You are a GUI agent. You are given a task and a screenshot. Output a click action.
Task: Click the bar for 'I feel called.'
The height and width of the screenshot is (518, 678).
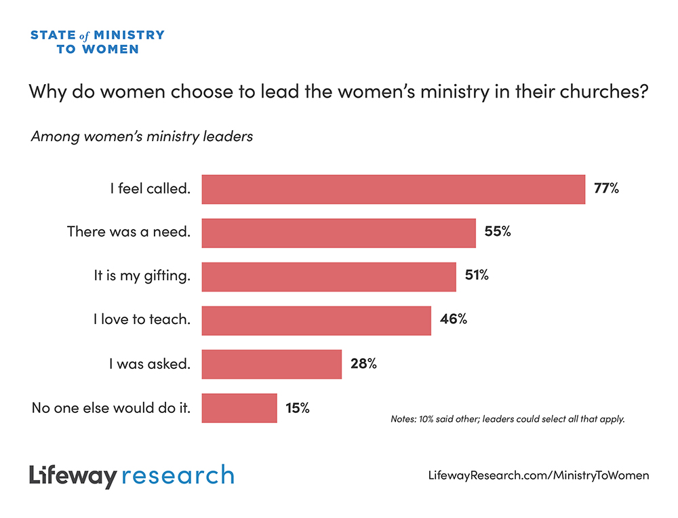pyautogui.click(x=393, y=189)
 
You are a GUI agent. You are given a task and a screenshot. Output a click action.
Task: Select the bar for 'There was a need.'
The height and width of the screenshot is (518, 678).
pyautogui.click(x=339, y=233)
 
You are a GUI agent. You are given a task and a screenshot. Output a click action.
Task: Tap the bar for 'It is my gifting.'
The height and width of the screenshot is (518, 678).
pyautogui.click(x=329, y=277)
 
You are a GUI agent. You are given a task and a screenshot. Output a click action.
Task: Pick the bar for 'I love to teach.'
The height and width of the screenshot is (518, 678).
pyautogui.click(x=317, y=320)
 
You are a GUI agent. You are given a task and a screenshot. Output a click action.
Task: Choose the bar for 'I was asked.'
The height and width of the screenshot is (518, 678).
pyautogui.click(x=271, y=364)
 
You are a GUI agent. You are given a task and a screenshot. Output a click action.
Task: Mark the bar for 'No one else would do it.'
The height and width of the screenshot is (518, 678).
pyautogui.click(x=239, y=408)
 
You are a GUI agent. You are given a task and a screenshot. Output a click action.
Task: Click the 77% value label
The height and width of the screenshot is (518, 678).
pyautogui.click(x=606, y=189)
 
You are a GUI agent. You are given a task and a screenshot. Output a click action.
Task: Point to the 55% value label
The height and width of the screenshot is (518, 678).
pyautogui.click(x=497, y=233)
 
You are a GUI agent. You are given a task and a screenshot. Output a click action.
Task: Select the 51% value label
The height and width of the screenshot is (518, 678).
pyautogui.click(x=477, y=276)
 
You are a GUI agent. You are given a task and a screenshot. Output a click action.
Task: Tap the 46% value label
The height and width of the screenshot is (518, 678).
pyautogui.click(x=453, y=319)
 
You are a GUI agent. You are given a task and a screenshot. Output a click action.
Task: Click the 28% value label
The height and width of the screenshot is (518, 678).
pyautogui.click(x=363, y=363)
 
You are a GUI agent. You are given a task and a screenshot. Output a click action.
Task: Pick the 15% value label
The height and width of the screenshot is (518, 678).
pyautogui.click(x=297, y=407)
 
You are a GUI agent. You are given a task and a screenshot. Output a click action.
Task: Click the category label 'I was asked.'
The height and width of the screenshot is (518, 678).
pyautogui.click(x=150, y=364)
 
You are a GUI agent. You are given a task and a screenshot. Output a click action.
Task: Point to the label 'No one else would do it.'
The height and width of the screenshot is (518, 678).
pyautogui.click(x=111, y=408)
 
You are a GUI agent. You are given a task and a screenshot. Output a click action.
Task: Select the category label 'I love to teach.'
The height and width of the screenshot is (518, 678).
pyautogui.click(x=142, y=320)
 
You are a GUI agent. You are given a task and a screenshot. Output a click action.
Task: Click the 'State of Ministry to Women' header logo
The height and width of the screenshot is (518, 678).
pyautogui.click(x=97, y=41)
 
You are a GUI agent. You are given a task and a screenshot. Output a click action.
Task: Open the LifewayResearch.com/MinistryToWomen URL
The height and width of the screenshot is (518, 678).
pyautogui.click(x=538, y=475)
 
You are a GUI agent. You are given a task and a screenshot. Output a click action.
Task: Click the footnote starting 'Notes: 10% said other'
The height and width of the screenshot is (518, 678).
pyautogui.click(x=507, y=419)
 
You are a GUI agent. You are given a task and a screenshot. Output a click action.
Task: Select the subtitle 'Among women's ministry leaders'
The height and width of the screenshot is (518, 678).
pyautogui.click(x=142, y=136)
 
